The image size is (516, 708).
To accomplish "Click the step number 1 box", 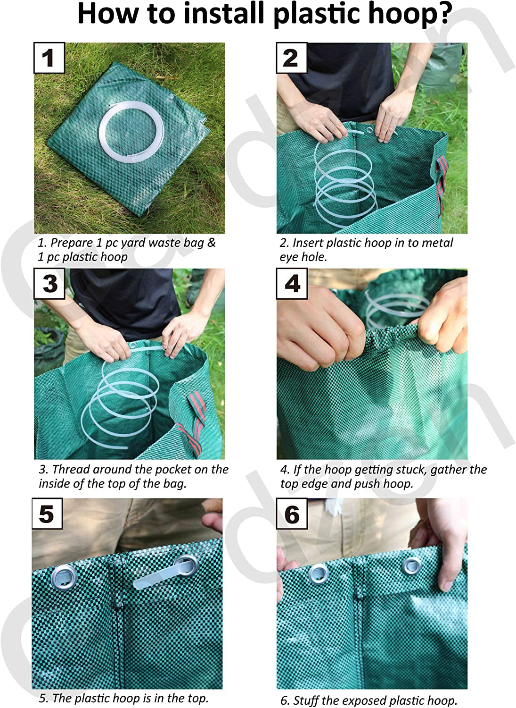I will coord(49,58).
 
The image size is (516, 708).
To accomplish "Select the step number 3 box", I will coord(50,284).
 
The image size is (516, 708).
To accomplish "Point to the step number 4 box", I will coord(292,284).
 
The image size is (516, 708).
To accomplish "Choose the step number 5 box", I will coord(47,514).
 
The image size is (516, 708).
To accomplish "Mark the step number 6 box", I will coord(292,514).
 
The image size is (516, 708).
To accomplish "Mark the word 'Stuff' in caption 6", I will coord(306,700).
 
